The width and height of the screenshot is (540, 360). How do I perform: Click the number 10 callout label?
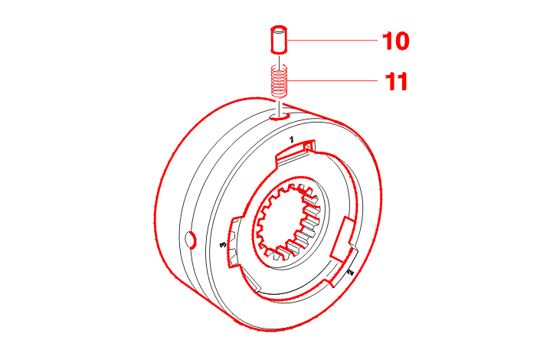tap(395, 41)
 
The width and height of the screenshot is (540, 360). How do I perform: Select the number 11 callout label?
tap(395, 81)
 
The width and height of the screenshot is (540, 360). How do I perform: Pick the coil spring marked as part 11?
tap(280, 80)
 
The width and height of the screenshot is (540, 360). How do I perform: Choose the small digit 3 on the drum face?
tap(223, 245)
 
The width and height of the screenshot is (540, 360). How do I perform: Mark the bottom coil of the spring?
tap(280, 93)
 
